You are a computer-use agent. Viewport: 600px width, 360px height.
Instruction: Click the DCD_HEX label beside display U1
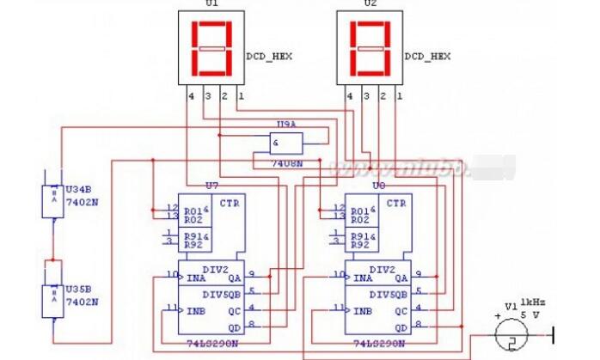click(x=269, y=56)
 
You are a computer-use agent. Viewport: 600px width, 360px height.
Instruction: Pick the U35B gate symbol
click(x=52, y=300)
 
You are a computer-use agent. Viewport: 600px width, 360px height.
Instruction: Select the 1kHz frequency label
click(x=532, y=303)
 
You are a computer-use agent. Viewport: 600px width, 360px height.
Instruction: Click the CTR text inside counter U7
click(x=230, y=204)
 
